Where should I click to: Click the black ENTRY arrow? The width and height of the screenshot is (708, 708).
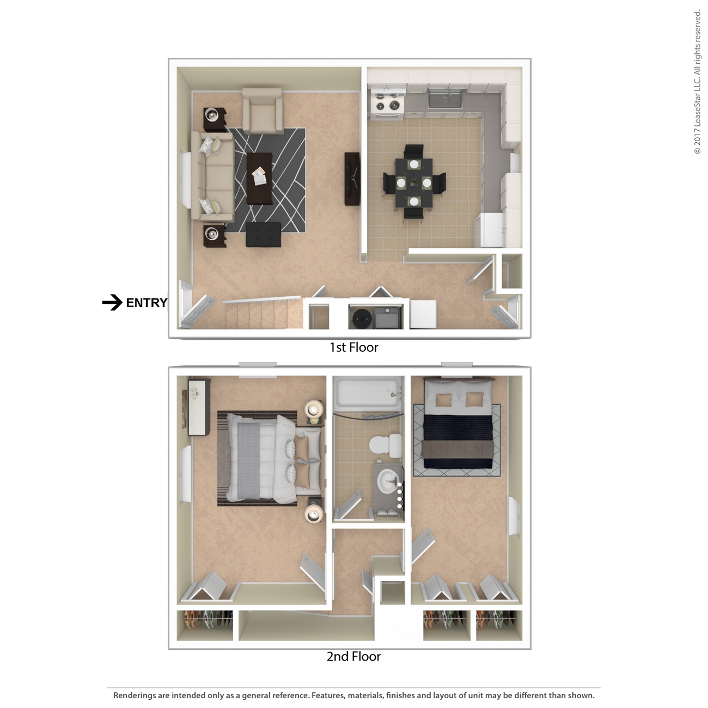(x=112, y=303)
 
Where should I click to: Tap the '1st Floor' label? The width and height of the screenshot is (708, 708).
(x=353, y=347)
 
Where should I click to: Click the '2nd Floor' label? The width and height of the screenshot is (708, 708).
(x=353, y=657)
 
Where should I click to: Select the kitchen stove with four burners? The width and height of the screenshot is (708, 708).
(x=387, y=103)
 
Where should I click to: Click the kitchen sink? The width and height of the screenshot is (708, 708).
(x=445, y=100)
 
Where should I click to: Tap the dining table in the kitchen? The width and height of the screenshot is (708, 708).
(x=414, y=182)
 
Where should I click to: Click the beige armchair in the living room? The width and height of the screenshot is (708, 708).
(x=263, y=112)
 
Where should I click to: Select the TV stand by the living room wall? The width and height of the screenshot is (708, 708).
(x=352, y=179)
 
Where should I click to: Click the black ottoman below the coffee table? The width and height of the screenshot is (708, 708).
(x=264, y=235)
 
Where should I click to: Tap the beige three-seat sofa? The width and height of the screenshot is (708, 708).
(x=211, y=175)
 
